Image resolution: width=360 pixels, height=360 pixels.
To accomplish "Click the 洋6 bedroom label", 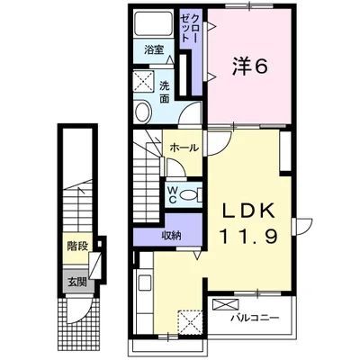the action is [x=249, y=67].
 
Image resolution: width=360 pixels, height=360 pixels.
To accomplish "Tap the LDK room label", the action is [x=248, y=211].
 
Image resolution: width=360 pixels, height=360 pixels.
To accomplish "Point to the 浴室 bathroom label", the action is [x=154, y=49].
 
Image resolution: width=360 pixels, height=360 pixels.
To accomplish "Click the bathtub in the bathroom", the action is [x=154, y=23].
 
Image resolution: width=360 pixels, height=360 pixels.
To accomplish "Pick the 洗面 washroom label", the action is [x=164, y=92].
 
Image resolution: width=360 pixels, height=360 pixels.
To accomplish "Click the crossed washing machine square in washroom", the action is [x=144, y=80].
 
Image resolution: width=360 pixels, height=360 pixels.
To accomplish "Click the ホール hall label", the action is [x=184, y=148].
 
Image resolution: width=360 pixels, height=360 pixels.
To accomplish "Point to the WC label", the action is [x=172, y=195].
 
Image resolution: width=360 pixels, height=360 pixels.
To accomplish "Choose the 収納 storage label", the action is [x=172, y=236].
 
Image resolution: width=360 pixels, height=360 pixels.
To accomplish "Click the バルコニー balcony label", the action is [x=255, y=318].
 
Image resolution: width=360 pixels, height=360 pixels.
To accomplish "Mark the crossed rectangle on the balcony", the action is [x=225, y=304].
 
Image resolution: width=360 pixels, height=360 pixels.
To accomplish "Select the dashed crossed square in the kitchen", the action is [x=190, y=322].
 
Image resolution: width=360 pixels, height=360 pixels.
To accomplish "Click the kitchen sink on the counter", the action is [x=145, y=283].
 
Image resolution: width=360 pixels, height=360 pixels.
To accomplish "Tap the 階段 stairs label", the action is [x=77, y=247].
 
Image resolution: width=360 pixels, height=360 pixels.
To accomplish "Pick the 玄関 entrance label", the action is [x=77, y=282].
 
